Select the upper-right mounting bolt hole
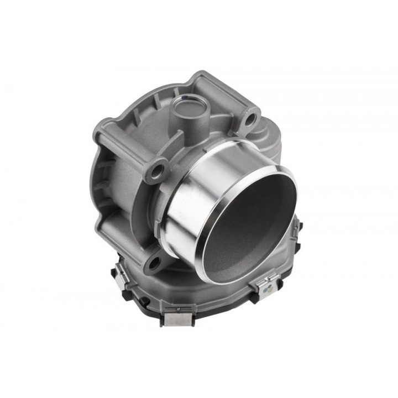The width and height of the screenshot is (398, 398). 250,118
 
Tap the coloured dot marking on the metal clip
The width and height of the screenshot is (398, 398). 266,288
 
